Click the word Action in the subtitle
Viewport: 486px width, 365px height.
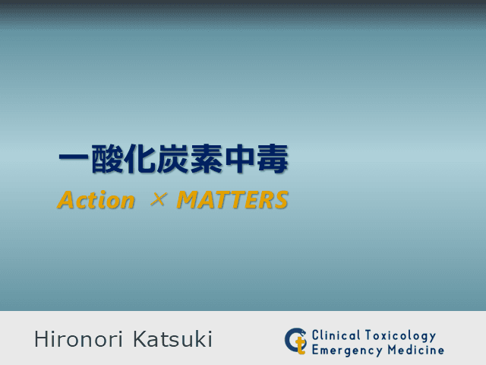click(96, 201)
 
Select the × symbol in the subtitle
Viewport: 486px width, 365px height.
click(157, 200)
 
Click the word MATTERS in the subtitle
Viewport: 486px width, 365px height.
click(232, 201)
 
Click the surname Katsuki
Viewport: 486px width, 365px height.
click(172, 339)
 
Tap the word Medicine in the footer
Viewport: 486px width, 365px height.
click(414, 350)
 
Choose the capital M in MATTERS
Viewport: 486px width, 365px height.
click(187, 201)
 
